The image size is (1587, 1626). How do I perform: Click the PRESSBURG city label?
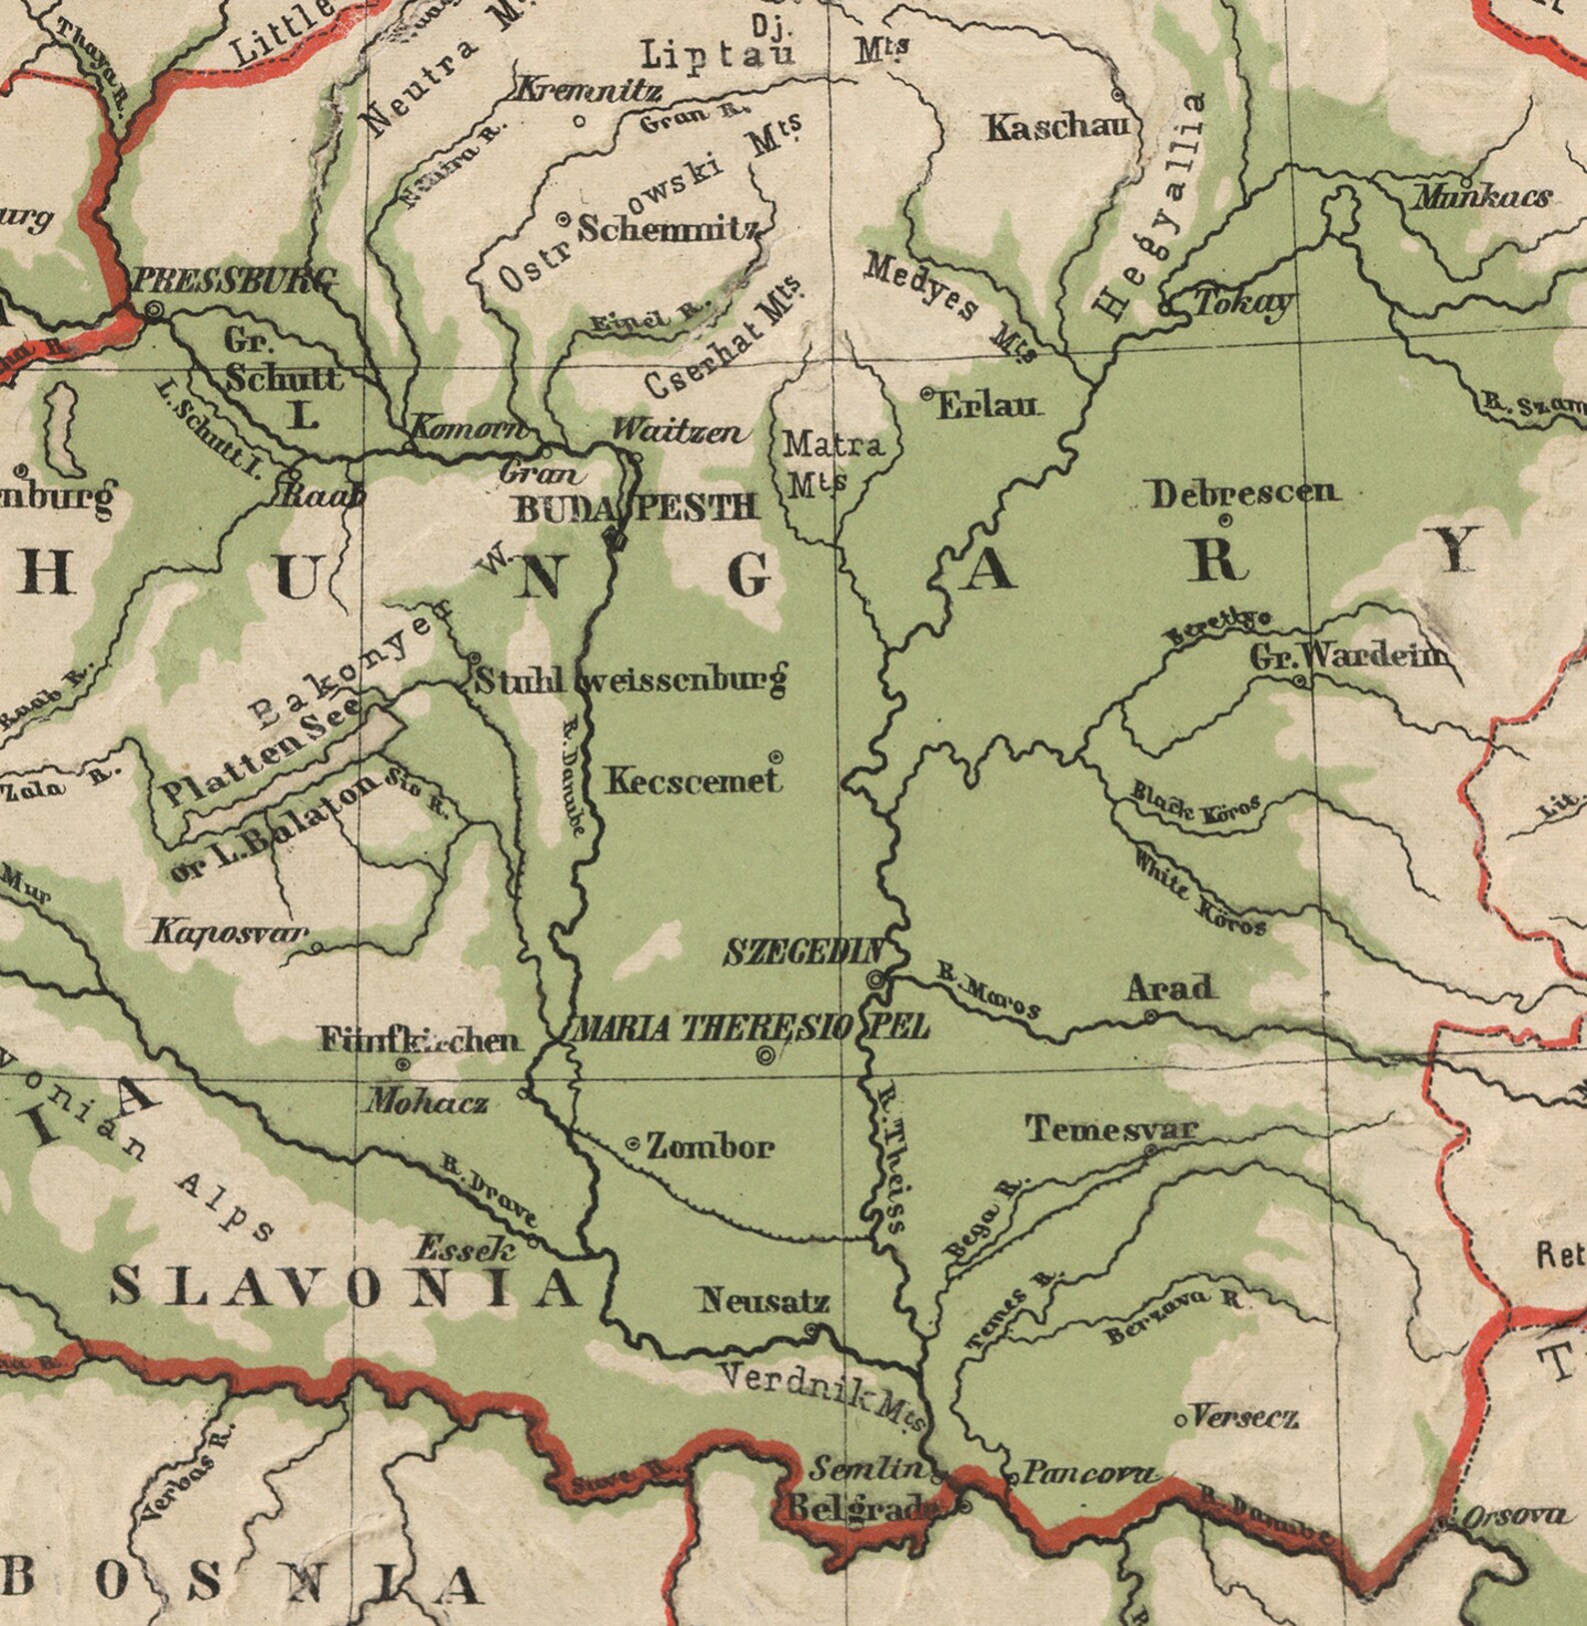(x=232, y=281)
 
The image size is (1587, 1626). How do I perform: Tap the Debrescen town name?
(x=1242, y=493)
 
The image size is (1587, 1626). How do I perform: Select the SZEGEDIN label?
(x=803, y=952)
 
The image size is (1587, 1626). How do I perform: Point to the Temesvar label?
(x=1110, y=1129)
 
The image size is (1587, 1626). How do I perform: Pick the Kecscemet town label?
(x=693, y=781)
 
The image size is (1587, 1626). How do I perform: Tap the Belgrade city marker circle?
(x=965, y=1506)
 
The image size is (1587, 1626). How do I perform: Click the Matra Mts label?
(x=831, y=462)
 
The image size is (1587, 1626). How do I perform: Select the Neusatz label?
(x=764, y=1301)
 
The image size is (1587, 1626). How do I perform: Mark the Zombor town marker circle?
(x=633, y=1143)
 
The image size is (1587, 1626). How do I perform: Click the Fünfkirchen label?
(x=420, y=1040)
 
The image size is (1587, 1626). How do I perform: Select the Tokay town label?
(x=1241, y=303)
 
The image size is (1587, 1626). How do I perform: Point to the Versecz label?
(x=1245, y=1416)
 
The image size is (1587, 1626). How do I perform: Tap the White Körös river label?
(x=1198, y=891)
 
